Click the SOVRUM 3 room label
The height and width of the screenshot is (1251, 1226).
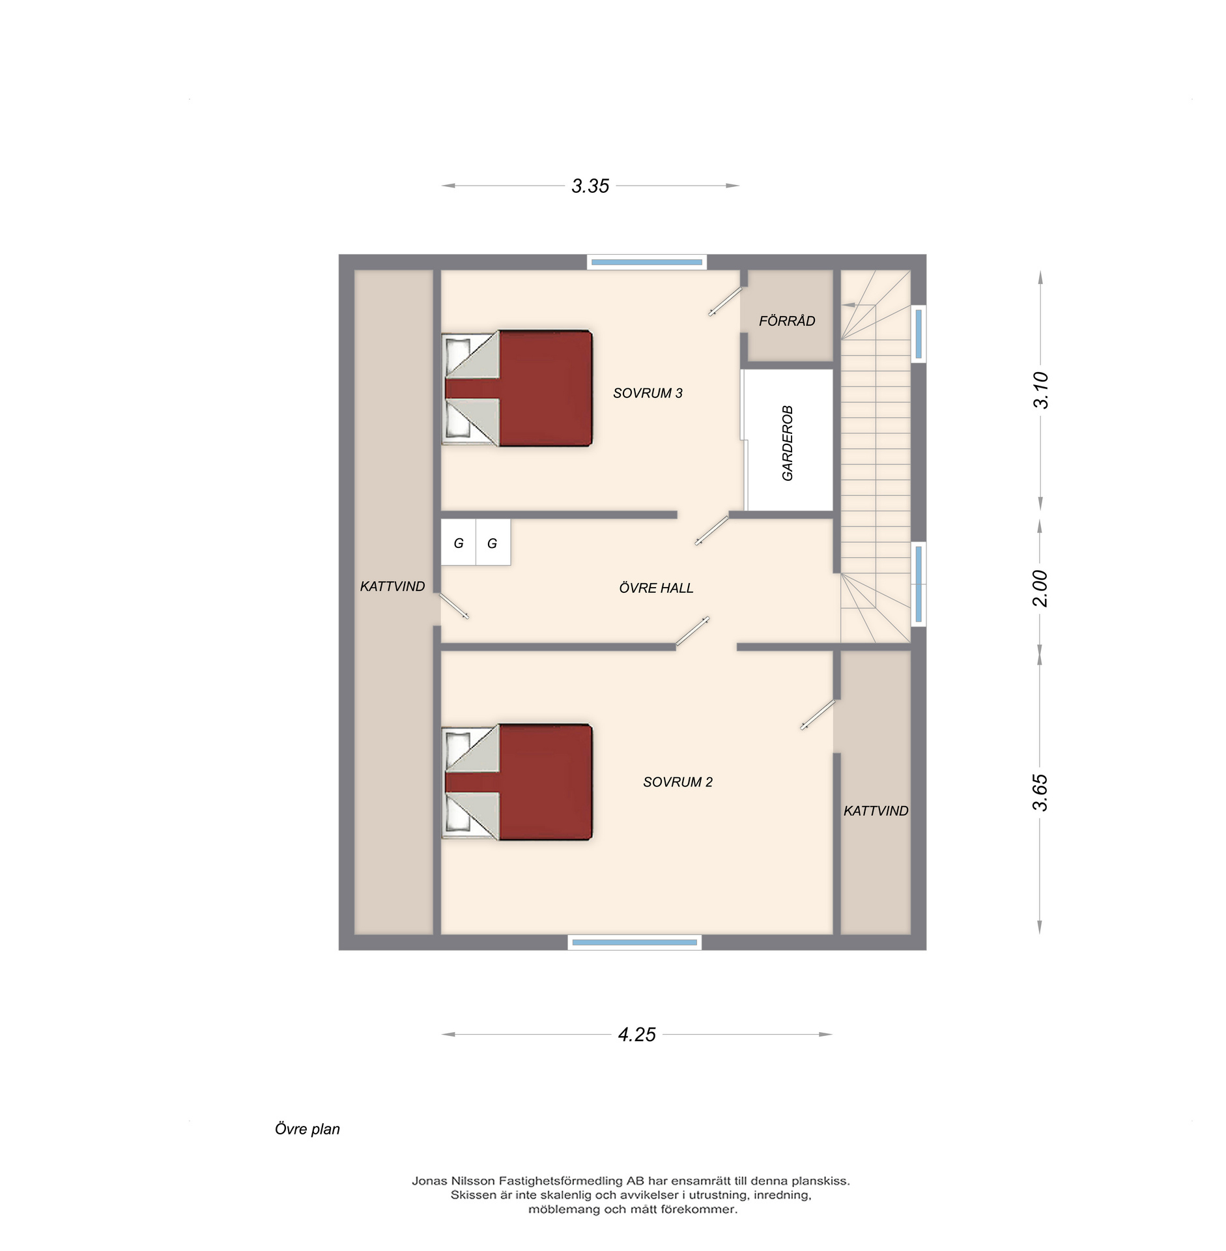point(647,393)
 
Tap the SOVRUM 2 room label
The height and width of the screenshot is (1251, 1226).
point(677,782)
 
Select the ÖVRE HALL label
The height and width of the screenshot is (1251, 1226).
point(656,588)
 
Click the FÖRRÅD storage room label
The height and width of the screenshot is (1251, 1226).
point(787,321)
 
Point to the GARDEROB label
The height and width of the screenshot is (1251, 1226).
point(788,443)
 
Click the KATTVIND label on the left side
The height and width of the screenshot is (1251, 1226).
point(392,586)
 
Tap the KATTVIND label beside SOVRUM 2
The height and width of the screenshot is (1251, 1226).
point(876,811)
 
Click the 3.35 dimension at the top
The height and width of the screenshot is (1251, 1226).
point(590,186)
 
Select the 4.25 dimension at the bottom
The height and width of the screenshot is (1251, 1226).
point(636,1035)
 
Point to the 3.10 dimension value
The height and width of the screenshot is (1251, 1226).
point(1040,390)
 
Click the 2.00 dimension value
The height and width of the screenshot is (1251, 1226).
point(1040,588)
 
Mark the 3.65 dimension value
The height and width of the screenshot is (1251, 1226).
point(1040,792)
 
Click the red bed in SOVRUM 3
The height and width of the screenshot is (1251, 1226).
point(517,388)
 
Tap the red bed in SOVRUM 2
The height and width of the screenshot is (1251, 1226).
point(517,782)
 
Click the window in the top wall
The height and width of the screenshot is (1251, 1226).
point(647,262)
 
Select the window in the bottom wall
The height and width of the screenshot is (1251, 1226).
point(634,942)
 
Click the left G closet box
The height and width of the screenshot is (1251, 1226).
point(459,542)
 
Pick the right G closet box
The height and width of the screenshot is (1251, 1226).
point(493,542)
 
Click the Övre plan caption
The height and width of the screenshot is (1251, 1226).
point(307,1129)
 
